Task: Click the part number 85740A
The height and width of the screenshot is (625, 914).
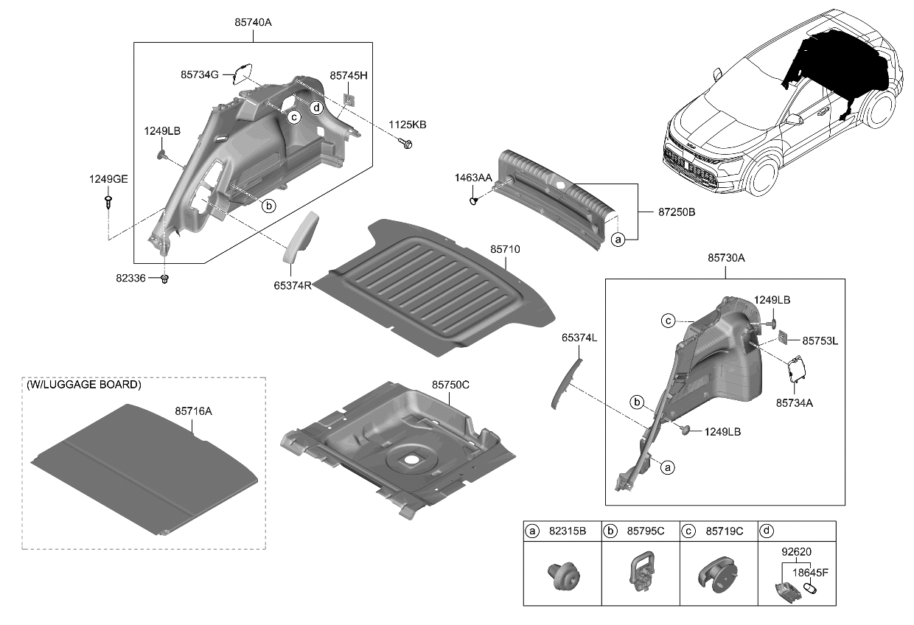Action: click(x=253, y=22)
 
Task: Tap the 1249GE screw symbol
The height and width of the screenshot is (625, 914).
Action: click(x=109, y=201)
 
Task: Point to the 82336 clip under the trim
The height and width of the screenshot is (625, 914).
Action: click(x=165, y=279)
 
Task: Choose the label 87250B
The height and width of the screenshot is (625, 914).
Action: click(x=666, y=212)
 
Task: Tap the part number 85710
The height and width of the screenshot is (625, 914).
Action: click(x=505, y=250)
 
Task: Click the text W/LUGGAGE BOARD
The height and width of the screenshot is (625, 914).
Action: click(x=83, y=385)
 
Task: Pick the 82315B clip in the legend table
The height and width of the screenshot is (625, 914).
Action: click(x=562, y=575)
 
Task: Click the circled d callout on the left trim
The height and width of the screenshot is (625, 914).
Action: click(x=315, y=108)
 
